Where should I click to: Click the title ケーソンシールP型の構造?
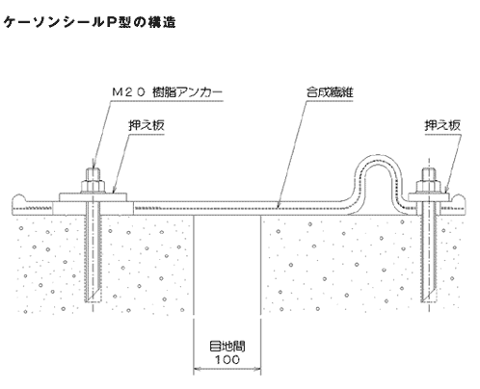(90, 22)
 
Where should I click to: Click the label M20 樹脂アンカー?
(167, 92)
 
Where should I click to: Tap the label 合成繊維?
(330, 92)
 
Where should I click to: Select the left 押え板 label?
(147, 125)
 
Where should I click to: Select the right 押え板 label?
(442, 125)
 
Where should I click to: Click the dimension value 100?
(227, 359)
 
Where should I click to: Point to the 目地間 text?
(227, 347)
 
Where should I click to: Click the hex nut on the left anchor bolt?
(93, 186)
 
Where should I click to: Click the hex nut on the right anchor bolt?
(429, 186)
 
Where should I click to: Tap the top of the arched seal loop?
(376, 158)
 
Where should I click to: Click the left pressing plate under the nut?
(93, 197)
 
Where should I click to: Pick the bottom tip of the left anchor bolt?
(93, 301)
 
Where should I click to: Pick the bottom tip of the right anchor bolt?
(429, 301)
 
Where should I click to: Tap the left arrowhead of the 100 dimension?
(197, 369)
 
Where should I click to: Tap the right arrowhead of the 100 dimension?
(257, 369)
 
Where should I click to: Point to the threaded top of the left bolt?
(93, 174)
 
